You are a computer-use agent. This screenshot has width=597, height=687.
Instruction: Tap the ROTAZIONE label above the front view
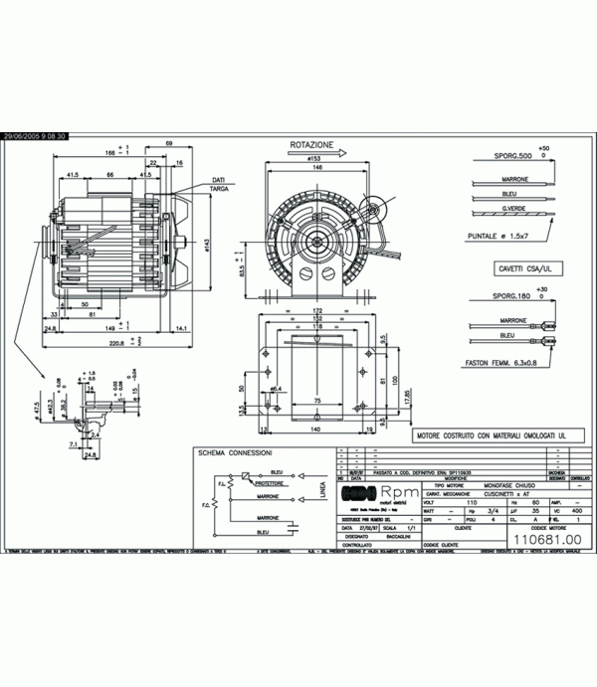tap(312, 144)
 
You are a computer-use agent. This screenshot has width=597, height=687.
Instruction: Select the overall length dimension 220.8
tap(117, 343)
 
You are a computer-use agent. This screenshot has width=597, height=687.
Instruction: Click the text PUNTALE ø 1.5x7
tap(503, 236)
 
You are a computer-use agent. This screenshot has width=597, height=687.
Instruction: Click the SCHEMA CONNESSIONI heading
tap(235, 452)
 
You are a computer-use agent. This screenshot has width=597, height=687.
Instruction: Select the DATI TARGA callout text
tap(218, 183)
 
